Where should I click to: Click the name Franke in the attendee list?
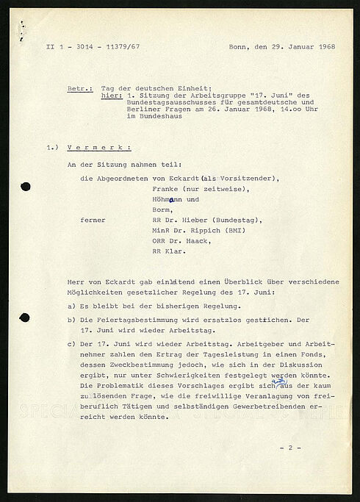168,189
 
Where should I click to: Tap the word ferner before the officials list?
93,219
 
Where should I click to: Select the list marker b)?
71,320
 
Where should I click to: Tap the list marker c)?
71,344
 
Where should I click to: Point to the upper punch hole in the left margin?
25,187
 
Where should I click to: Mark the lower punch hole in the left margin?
24,318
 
